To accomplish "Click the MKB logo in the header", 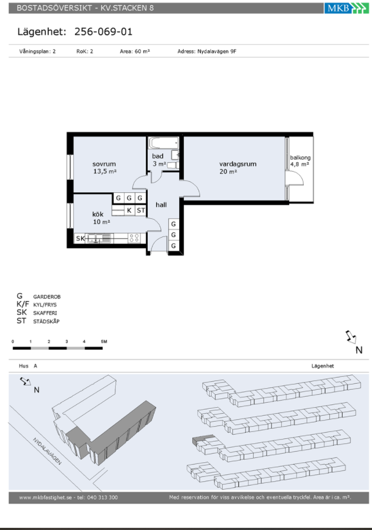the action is (x=347, y=8).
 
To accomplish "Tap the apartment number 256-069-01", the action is (x=103, y=32).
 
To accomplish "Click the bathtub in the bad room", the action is (x=164, y=143).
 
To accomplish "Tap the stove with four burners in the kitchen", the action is (x=134, y=238).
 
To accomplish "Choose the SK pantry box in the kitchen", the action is (x=80, y=238).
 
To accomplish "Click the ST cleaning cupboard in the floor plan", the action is (x=141, y=210).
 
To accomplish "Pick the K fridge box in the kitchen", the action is (x=129, y=210).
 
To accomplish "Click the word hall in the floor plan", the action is (x=161, y=205).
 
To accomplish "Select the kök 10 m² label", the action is (x=101, y=218).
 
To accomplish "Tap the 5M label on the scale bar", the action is (x=104, y=342).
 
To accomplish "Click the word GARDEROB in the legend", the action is (x=47, y=297).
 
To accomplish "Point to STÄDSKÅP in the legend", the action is (x=47, y=322).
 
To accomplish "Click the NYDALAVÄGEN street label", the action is (x=47, y=452).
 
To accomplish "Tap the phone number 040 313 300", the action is (x=102, y=497).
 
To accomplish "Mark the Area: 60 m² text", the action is (x=135, y=51).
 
